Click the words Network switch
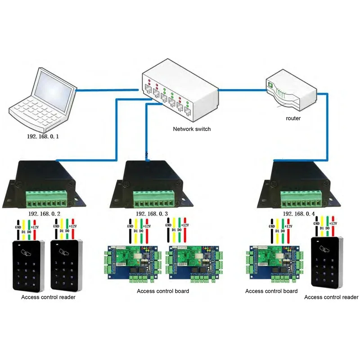click(x=192, y=129)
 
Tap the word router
click(x=293, y=118)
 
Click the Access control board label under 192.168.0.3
click(x=163, y=291)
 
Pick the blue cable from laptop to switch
click(x=108, y=90)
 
